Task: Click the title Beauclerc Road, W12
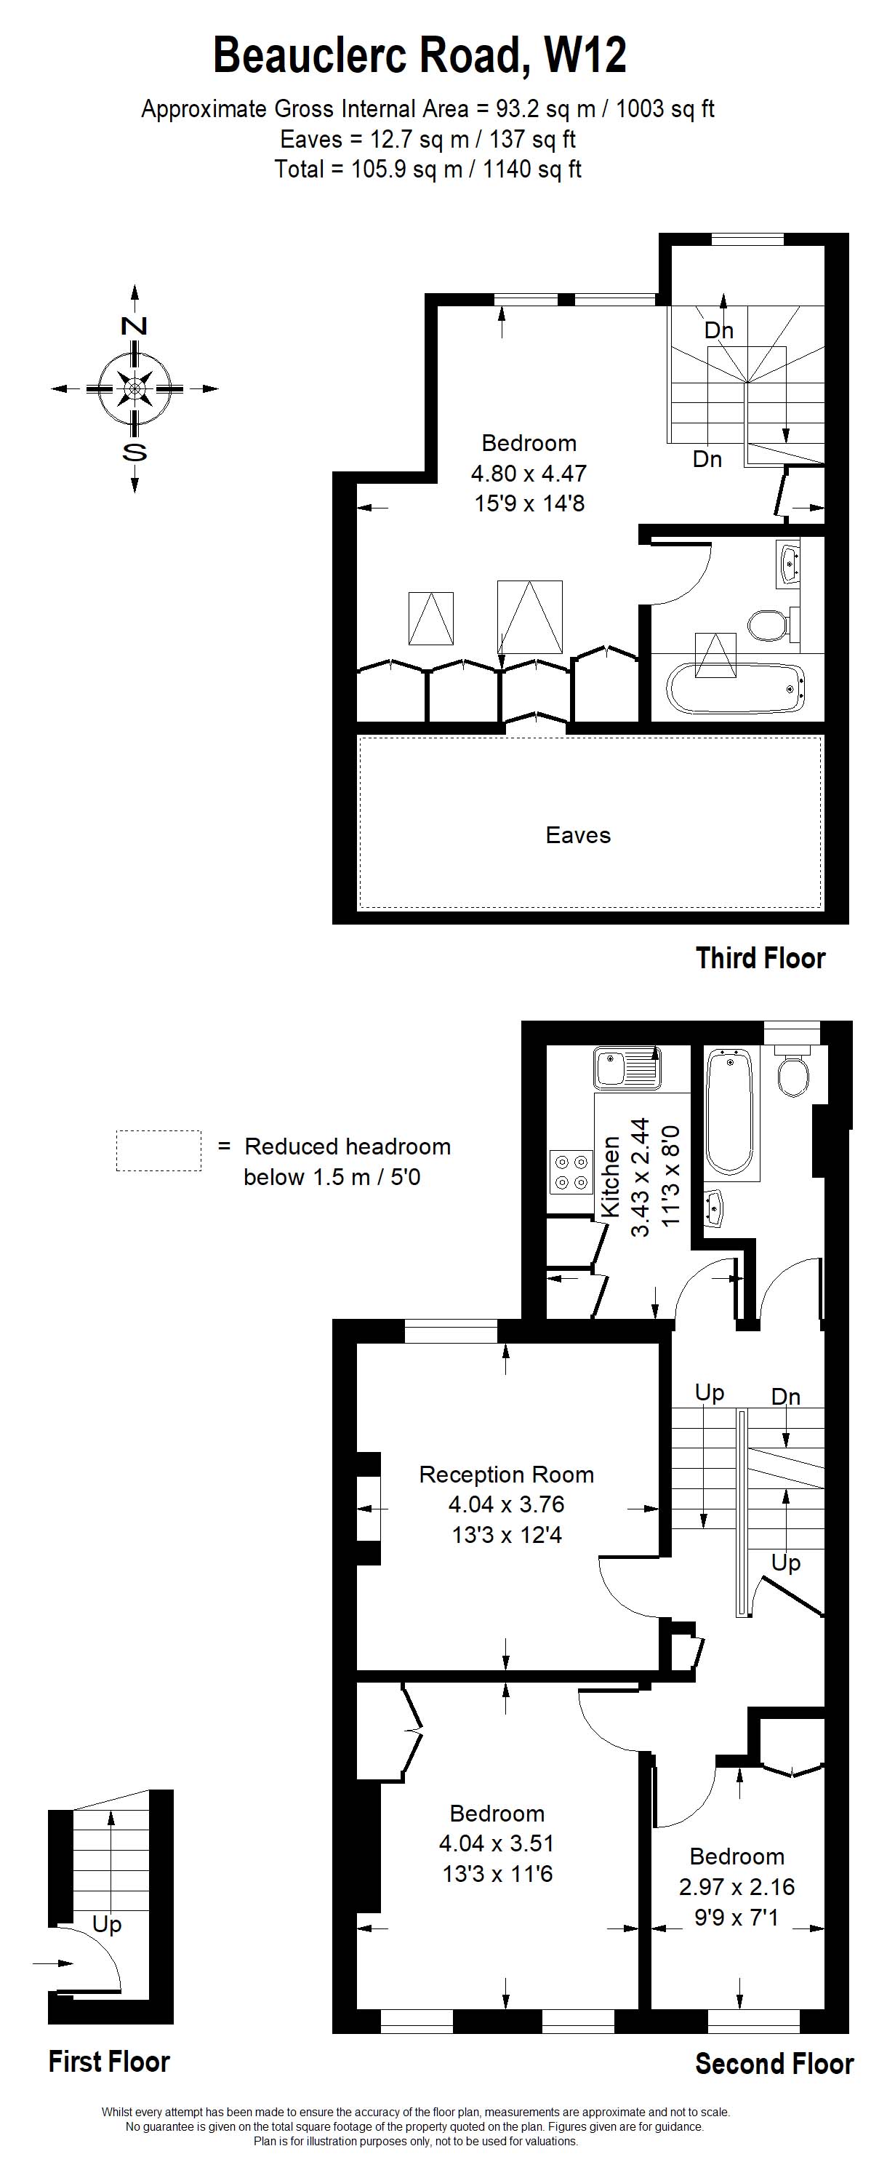pyautogui.click(x=420, y=56)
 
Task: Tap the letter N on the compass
pyautogui.click(x=135, y=326)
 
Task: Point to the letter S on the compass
pyautogui.click(x=135, y=452)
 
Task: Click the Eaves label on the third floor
pyautogui.click(x=578, y=835)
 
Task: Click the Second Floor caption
pyautogui.click(x=774, y=2063)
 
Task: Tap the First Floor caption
pyautogui.click(x=109, y=2060)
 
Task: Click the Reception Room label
pyautogui.click(x=507, y=1475)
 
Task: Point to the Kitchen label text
pyautogui.click(x=610, y=1177)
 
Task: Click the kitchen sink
pyautogui.click(x=626, y=1068)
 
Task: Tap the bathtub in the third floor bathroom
pyautogui.click(x=736, y=689)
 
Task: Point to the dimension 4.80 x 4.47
pyautogui.click(x=529, y=474)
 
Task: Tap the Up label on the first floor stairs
pyautogui.click(x=108, y=1923)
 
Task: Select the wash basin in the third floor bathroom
pyautogui.click(x=789, y=564)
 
